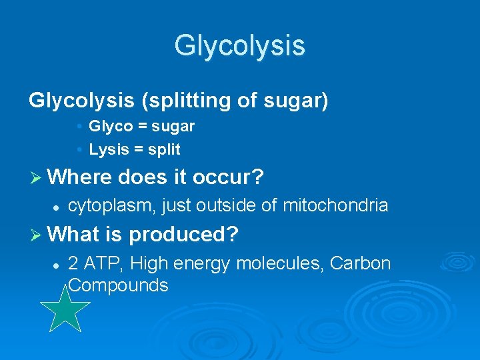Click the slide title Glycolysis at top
coord(239,45)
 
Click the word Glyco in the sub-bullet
coord(111,126)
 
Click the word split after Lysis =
coord(164,149)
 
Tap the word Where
coord(81,177)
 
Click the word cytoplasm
coord(112,206)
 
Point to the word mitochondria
coord(335,205)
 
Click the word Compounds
coord(118,285)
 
